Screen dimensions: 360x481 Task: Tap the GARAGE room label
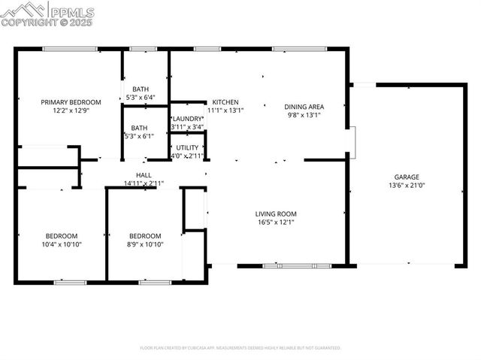[x=407, y=177]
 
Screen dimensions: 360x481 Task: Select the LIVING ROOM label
[x=276, y=213]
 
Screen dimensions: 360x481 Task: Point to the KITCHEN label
[x=225, y=102]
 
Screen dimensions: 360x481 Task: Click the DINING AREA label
[x=304, y=107]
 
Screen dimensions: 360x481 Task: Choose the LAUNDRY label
[x=187, y=119]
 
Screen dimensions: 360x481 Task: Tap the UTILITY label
[x=187, y=147]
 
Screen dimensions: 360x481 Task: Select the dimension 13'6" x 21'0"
[x=407, y=185]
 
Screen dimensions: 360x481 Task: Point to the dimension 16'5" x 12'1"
[x=276, y=222]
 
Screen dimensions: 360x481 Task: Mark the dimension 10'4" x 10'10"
[x=61, y=244]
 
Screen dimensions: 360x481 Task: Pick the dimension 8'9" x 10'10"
[x=144, y=244]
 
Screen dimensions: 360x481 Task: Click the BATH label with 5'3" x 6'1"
[x=140, y=128]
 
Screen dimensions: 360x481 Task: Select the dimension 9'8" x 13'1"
[x=304, y=115]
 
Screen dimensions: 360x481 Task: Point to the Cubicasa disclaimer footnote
[x=240, y=348]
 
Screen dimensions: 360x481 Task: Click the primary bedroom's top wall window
[x=69, y=50]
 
